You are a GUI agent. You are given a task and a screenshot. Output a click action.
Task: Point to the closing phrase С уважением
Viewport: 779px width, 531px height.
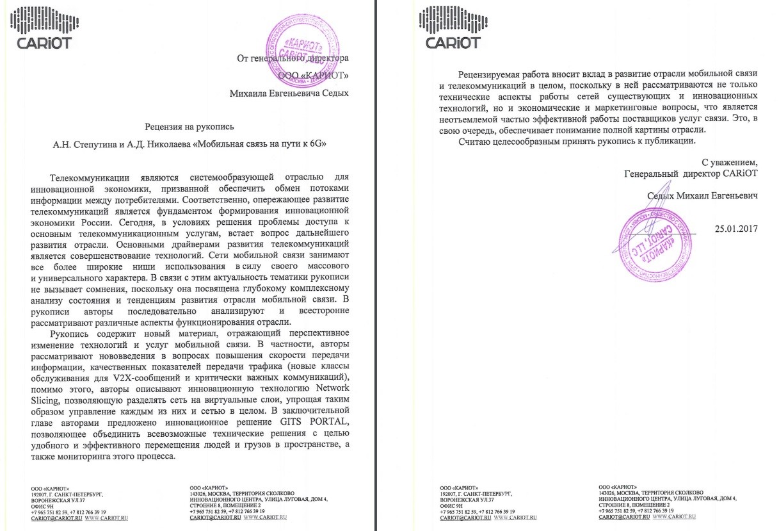pyautogui.click(x=729, y=161)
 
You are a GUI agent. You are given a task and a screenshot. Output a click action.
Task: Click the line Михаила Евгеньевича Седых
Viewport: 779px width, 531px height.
pyautogui.click(x=289, y=93)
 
